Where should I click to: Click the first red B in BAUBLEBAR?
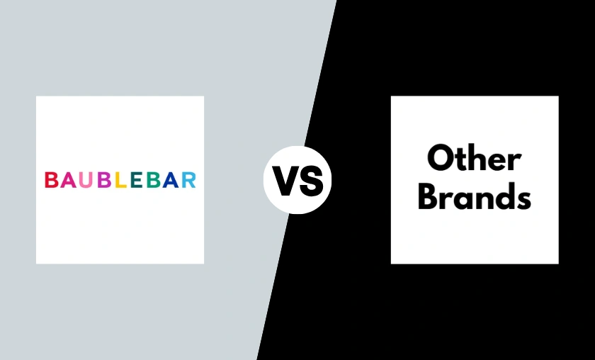coord(51,180)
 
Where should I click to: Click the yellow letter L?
coord(120,180)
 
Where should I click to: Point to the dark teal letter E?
coord(136,180)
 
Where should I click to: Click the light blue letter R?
coord(189,180)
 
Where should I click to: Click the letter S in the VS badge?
coord(310,181)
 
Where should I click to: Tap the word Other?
coord(474,157)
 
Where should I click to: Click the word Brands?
coord(475,196)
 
